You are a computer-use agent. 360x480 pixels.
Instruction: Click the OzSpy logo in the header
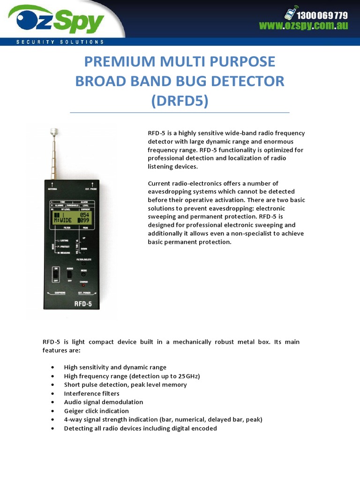coord(59,20)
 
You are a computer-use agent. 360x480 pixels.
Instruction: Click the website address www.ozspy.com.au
coord(304,26)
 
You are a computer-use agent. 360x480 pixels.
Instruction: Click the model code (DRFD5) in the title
coord(180,100)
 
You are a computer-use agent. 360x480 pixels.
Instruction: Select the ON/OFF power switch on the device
coord(56,274)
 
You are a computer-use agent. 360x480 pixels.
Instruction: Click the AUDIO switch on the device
coord(69,275)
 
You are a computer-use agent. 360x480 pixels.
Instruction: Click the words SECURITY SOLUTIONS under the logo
coord(60,42)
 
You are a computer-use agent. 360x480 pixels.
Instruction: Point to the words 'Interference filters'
coord(91,394)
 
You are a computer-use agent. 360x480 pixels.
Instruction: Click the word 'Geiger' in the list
coord(74,411)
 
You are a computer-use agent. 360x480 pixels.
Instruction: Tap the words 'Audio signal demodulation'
coord(103,402)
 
